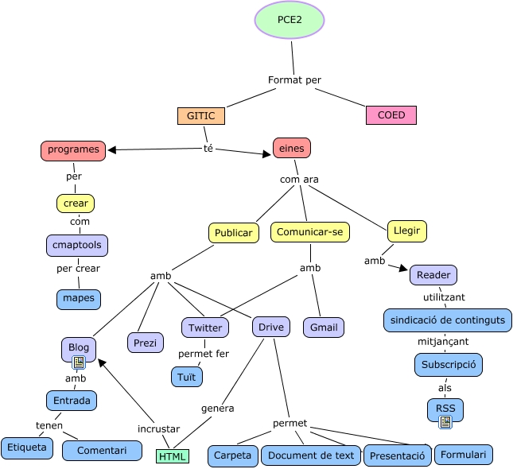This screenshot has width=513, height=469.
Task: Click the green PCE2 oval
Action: coord(290,20)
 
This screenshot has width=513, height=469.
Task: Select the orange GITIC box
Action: coord(200,115)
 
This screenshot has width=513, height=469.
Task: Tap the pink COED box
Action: coord(391,115)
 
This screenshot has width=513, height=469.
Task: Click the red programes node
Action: coord(73,149)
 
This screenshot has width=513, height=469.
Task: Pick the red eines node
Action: coord(291,148)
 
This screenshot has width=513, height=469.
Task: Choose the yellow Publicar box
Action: coord(234,233)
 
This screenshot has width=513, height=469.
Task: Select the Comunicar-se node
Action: coord(310,232)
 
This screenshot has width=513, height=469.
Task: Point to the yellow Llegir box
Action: coord(406,231)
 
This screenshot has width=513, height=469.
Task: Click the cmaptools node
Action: coord(76,245)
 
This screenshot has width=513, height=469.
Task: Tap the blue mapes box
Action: coord(79,299)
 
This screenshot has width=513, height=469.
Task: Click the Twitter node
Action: coord(205,328)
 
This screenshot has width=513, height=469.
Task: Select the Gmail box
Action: coord(323,328)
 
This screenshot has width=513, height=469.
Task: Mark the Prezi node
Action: coord(145,343)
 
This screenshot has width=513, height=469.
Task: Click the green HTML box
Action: coord(173,456)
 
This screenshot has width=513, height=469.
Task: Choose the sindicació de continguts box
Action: coord(447,320)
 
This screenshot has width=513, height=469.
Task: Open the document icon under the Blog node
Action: coord(79,362)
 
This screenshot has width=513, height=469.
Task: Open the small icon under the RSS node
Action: coord(445,421)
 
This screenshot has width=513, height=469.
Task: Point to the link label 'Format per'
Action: coord(294,79)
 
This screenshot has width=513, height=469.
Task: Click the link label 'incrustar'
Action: coord(158,428)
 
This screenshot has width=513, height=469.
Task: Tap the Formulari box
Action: coord(464,455)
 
